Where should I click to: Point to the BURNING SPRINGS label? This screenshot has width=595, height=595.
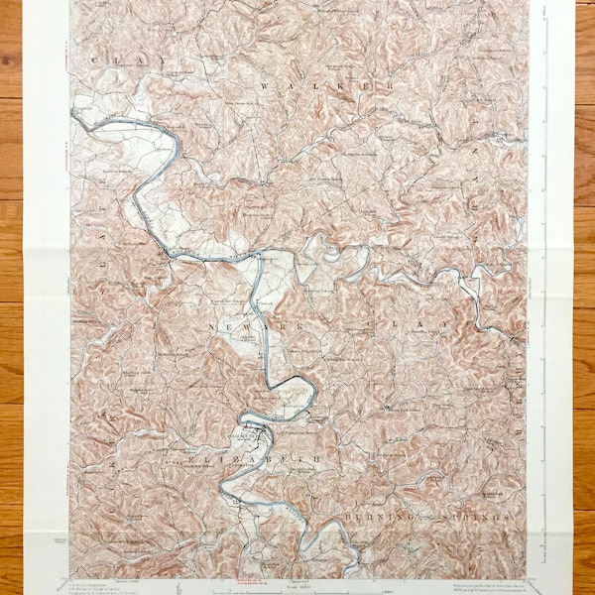coord(426,518)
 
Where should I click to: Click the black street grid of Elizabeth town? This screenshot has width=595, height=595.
coord(256,434)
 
